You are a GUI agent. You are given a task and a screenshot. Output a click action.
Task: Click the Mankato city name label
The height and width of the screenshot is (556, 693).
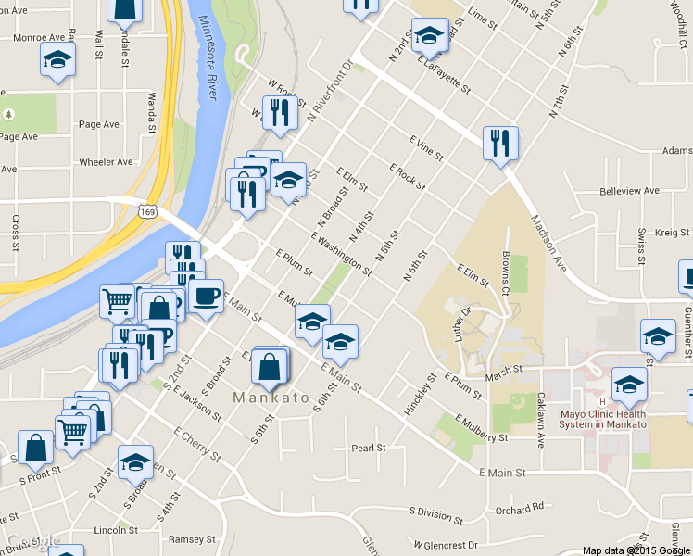coord(271,398)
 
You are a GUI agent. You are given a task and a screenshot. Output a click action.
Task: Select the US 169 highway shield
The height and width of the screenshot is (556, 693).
coord(148,212)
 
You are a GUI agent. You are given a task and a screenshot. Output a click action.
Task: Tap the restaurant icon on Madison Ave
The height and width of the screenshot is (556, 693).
coord(500,144)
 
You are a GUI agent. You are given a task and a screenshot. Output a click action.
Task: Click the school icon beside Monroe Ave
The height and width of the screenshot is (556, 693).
coord(57,60)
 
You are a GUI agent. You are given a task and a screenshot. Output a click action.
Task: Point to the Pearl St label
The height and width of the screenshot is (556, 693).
coord(368,449)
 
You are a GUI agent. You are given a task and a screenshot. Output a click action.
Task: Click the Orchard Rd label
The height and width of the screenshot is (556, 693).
coord(519,508)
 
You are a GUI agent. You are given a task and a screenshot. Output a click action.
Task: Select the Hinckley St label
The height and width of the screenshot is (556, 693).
coord(420,395)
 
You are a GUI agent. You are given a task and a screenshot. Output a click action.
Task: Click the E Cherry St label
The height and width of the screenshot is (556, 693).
coord(196,443)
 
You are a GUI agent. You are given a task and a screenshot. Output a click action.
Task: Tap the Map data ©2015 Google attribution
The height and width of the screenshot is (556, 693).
coord(635,550)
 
